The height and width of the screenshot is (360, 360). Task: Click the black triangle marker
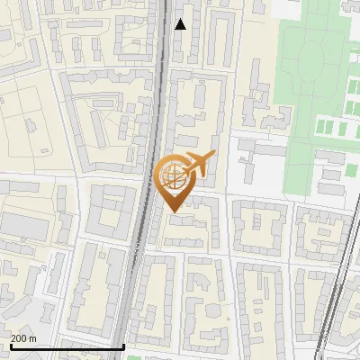click(180, 24)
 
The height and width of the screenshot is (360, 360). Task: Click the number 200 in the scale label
click(18, 338)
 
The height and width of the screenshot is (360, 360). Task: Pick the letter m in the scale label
click(32, 338)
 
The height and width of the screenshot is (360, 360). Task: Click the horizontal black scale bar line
click(67, 346)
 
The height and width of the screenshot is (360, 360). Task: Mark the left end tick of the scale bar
click(11, 346)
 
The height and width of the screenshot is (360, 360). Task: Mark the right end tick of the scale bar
click(123, 346)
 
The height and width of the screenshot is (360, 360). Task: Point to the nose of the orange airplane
click(214, 157)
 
